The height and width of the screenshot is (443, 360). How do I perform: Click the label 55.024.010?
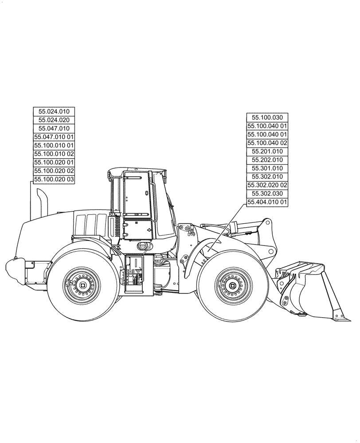(54, 111)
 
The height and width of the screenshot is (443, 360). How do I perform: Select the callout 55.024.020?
(54, 120)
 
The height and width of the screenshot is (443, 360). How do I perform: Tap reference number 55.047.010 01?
(54, 137)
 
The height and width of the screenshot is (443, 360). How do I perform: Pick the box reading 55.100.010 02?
(54, 154)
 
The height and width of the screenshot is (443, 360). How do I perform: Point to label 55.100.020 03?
(54, 179)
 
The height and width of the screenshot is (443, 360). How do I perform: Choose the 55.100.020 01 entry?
(54, 163)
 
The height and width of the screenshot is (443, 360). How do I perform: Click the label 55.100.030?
(267, 117)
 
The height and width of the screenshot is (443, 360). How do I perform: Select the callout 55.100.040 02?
(267, 143)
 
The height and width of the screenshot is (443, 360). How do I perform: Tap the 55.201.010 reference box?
(267, 152)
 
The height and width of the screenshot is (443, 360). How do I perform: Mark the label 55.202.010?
(267, 160)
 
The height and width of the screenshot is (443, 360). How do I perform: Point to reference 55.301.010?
(267, 168)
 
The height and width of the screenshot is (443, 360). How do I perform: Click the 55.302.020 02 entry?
(267, 185)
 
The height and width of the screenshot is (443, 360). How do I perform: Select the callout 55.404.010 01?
(267, 202)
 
